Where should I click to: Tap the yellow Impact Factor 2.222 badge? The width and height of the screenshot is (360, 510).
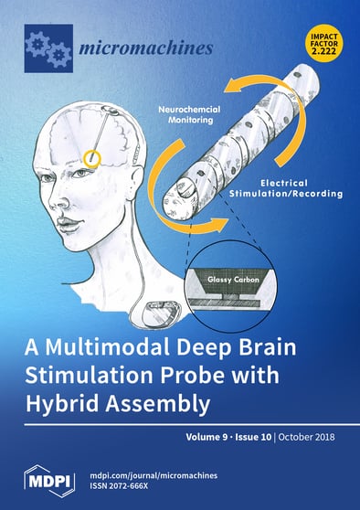[324, 43]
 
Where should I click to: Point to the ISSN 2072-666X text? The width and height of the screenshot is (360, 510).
[125, 483]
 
